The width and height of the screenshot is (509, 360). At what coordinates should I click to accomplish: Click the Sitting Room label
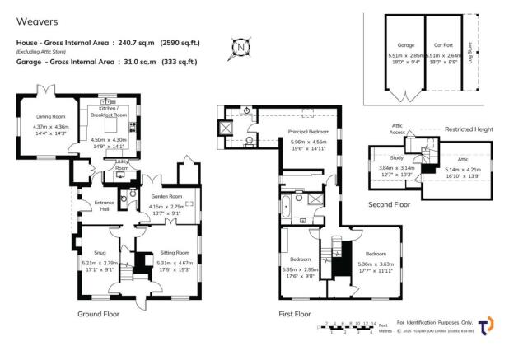(x=174, y=252)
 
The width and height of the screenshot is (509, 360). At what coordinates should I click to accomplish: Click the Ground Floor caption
(x=100, y=314)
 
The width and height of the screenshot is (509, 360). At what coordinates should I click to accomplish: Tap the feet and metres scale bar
(x=350, y=327)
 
